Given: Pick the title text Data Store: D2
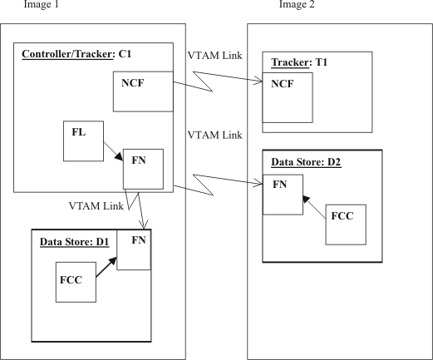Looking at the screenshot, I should tap(304, 162).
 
